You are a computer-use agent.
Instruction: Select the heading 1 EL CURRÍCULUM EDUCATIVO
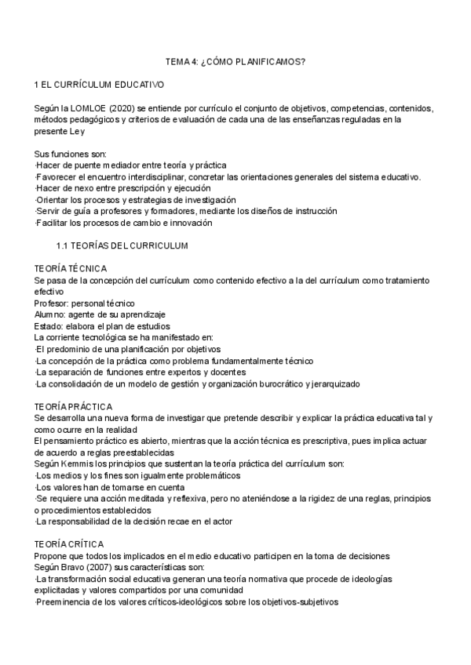[x=98, y=84]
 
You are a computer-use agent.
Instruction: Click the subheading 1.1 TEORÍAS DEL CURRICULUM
[x=133, y=245]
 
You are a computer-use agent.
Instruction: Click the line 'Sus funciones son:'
[x=71, y=153]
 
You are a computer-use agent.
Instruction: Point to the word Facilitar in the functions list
[x=54, y=223]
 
